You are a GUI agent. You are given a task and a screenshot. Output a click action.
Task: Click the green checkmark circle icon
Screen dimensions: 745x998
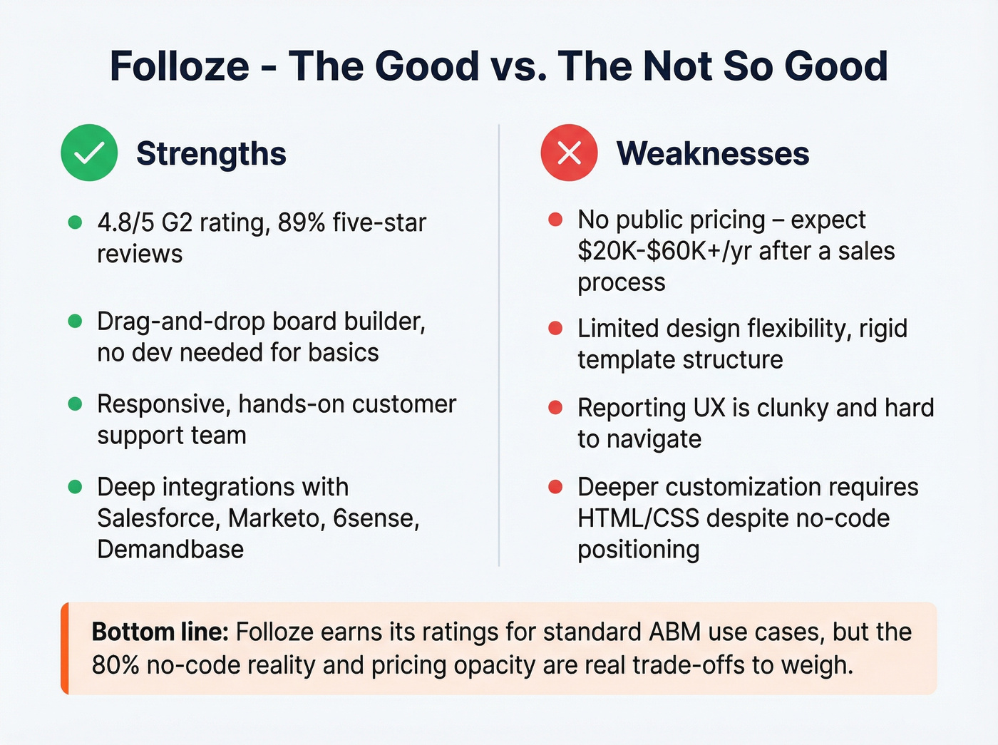pyautogui.click(x=89, y=153)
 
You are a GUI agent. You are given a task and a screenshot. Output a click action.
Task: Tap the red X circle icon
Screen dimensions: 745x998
pyautogui.click(x=569, y=153)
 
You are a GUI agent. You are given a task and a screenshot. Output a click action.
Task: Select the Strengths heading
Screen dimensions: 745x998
pyautogui.click(x=211, y=153)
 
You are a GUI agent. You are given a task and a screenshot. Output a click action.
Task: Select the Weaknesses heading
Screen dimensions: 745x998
pyautogui.click(x=713, y=153)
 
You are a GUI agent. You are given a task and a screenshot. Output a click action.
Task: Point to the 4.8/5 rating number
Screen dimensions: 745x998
pyautogui.click(x=125, y=222)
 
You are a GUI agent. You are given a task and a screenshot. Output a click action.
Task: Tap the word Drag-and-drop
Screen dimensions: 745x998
pyautogui.click(x=181, y=322)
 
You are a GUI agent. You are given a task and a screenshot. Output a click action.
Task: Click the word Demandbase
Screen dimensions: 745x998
pyautogui.click(x=170, y=550)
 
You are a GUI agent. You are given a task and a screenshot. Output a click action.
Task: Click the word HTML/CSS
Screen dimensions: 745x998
pyautogui.click(x=638, y=518)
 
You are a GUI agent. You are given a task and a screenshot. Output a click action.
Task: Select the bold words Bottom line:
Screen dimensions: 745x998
pyautogui.click(x=160, y=632)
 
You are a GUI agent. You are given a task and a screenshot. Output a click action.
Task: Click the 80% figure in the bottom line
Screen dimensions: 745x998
pyautogui.click(x=115, y=665)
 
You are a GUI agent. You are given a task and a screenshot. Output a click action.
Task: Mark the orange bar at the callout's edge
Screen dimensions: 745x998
pyautogui.click(x=65, y=648)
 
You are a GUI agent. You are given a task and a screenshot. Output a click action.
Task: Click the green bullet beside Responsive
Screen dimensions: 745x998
pyautogui.click(x=75, y=404)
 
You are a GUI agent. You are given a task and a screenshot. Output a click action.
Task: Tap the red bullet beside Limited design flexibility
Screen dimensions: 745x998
pyautogui.click(x=555, y=329)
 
